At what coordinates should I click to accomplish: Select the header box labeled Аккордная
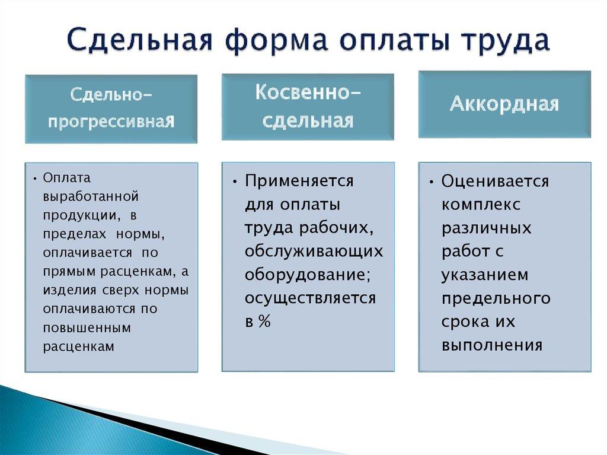(504, 104)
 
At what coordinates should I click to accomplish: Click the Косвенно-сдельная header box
(308, 107)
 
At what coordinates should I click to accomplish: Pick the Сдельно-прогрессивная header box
(111, 109)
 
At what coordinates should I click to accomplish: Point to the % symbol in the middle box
(264, 322)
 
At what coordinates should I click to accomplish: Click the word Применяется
(299, 181)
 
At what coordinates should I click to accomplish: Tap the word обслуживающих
(314, 251)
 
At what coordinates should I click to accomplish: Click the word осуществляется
(310, 298)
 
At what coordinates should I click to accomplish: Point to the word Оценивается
(495, 181)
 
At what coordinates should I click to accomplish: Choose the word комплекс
(481, 205)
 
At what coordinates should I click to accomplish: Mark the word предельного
(496, 298)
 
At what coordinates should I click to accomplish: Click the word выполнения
(492, 345)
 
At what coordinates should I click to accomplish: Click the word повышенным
(87, 327)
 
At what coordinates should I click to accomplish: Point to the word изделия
(65, 291)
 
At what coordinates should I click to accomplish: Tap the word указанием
(484, 275)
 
